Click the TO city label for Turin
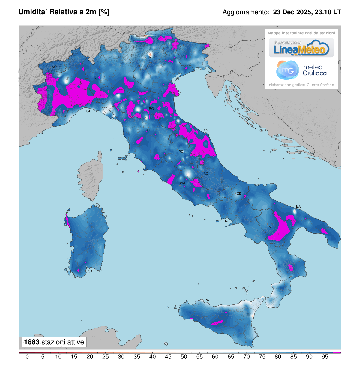(x=59, y=91)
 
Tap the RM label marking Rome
(x=182, y=183)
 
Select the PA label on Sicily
(x=207, y=300)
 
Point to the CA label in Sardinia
(x=90, y=271)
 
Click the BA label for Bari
(x=298, y=206)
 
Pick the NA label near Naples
(x=227, y=221)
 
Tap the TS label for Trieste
(x=208, y=73)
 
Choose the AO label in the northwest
(x=54, y=67)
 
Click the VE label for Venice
(x=178, y=79)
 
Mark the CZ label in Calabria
(x=288, y=278)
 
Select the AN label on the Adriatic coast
(x=206, y=130)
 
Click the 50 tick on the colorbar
(x=184, y=357)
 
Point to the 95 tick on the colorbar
(x=325, y=357)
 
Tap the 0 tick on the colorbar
(x=27, y=357)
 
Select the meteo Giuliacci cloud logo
(x=288, y=70)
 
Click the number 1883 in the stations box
(x=32, y=342)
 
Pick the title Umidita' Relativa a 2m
(x=64, y=12)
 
